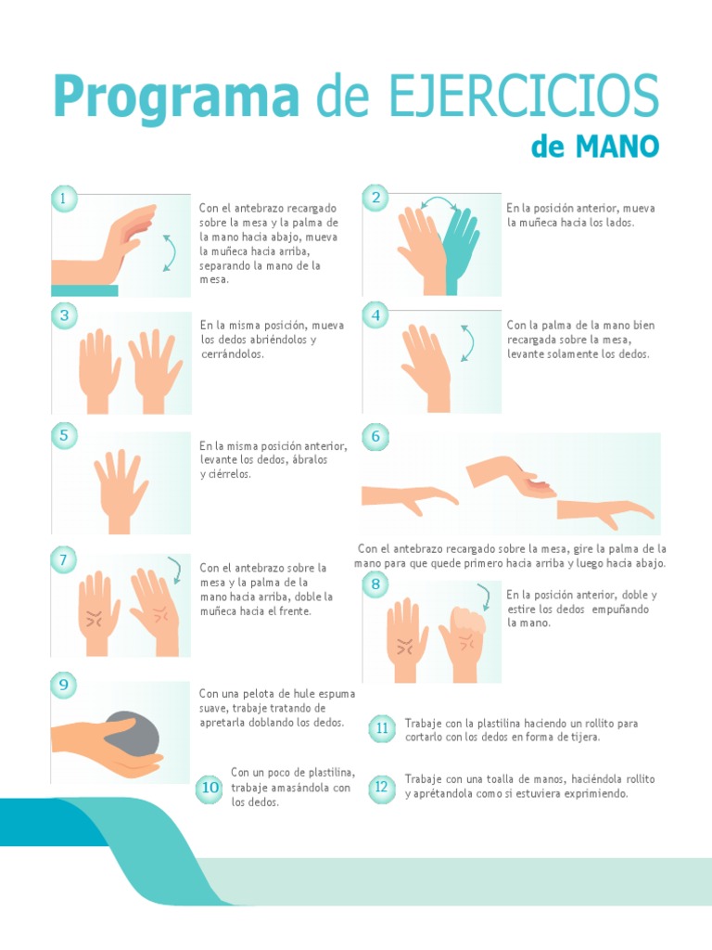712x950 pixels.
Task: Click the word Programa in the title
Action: click(176, 97)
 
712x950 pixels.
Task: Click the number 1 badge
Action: click(64, 199)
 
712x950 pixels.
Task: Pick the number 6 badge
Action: click(375, 437)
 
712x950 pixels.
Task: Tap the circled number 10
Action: click(210, 789)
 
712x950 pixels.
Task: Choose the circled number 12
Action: click(381, 789)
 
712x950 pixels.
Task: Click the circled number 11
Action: click(381, 729)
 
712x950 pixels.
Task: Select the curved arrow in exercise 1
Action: click(169, 251)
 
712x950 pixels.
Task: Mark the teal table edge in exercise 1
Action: click(84, 290)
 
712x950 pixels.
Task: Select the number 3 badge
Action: click(64, 316)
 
